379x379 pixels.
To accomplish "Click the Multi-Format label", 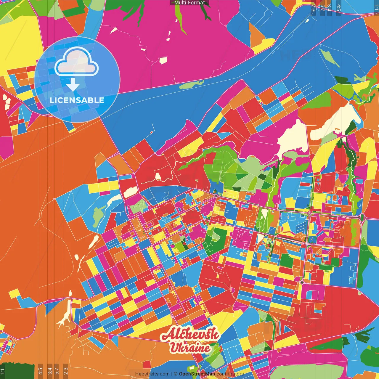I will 189,3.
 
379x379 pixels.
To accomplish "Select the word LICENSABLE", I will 77,100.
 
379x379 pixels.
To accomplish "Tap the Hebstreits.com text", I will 152,374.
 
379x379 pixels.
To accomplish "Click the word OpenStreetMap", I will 197,374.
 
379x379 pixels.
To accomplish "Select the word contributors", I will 230,374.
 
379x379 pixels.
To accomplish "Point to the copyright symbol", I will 176,374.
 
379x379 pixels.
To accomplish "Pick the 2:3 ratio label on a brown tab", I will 65,371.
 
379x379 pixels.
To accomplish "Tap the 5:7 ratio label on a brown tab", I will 57,371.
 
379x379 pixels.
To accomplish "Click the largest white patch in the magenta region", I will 163,60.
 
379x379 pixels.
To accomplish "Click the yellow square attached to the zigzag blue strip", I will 14,294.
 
